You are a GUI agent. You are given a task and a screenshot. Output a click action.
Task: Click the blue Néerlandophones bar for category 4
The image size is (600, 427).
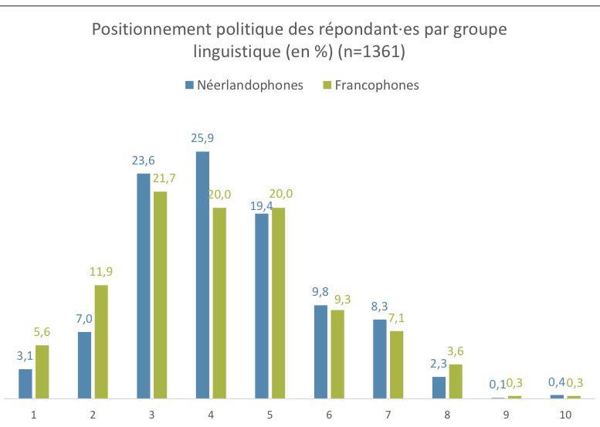(202, 275)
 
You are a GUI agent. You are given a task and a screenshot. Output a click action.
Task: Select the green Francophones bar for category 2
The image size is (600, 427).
(101, 341)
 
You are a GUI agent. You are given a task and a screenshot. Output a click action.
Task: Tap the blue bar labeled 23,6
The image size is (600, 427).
(144, 286)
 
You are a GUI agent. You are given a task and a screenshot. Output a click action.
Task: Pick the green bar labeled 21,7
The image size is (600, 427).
(161, 294)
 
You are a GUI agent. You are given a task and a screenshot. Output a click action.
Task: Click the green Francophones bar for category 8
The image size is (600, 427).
(456, 381)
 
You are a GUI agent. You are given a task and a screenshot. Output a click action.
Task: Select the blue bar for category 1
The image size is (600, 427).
(25, 383)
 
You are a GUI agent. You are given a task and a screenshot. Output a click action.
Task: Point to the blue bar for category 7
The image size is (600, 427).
(379, 358)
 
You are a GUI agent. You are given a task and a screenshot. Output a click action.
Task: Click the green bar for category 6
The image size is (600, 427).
(337, 354)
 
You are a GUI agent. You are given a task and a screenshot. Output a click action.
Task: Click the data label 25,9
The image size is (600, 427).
(203, 139)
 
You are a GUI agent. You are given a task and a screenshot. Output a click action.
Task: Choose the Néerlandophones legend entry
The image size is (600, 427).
(244, 85)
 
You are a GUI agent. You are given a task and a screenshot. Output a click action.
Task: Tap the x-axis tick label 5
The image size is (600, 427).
(269, 415)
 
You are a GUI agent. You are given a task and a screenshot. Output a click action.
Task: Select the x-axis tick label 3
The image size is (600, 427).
(152, 415)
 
